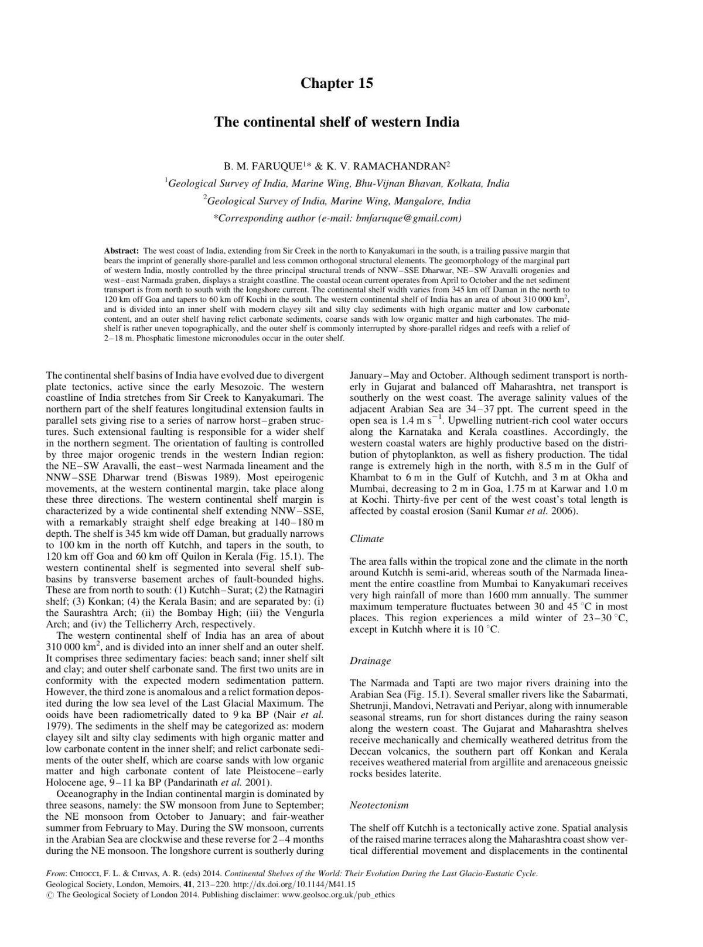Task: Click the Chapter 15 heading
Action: (x=336, y=83)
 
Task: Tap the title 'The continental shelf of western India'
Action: (x=336, y=122)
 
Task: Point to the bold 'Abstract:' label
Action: (x=121, y=250)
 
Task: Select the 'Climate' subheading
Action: (x=367, y=539)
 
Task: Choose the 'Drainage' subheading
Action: (x=370, y=660)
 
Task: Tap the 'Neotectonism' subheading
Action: (x=379, y=805)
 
